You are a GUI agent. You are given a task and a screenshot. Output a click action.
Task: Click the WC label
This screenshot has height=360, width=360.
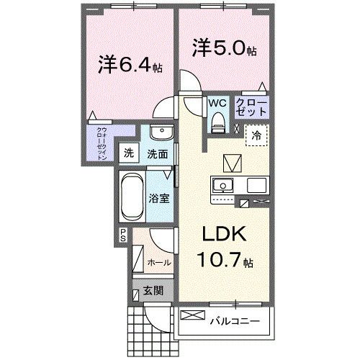click(217, 104)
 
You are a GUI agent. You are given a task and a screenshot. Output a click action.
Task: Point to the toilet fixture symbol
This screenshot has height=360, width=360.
click(217, 122)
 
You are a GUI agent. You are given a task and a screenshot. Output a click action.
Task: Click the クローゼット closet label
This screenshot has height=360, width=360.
click(252, 109)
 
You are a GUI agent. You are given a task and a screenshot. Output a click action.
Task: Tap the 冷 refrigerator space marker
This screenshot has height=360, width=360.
click(256, 134)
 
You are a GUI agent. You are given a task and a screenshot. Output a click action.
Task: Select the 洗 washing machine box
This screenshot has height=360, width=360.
click(129, 153)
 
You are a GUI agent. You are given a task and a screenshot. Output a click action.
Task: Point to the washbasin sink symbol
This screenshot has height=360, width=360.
click(162, 134)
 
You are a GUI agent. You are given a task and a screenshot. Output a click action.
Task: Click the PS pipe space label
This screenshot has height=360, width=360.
click(123, 235)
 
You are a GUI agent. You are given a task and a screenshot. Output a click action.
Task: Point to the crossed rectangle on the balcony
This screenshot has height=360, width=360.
click(193, 315)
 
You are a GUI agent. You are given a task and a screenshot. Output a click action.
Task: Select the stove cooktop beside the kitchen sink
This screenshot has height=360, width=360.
click(257, 185)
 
